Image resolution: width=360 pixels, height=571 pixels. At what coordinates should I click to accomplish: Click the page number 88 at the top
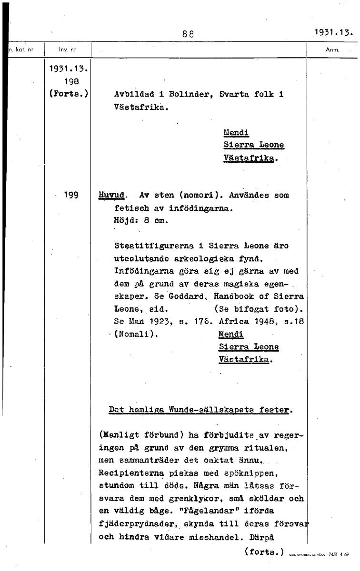(x=188, y=34)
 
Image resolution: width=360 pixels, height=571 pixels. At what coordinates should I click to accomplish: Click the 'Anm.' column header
(x=331, y=49)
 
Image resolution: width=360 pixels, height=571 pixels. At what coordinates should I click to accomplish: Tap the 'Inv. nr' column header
(x=68, y=49)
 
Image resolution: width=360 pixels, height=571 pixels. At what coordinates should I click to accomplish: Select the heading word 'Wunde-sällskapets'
(x=216, y=409)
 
